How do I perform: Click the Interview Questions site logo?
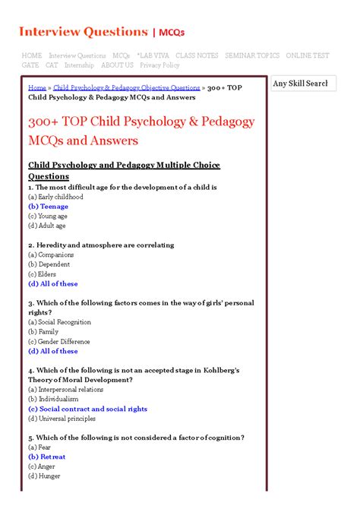tap(101, 31)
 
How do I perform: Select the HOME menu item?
tap(32, 55)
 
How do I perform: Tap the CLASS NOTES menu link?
tap(197, 55)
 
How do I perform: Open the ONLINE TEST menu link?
tap(308, 55)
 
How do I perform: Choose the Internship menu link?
tap(79, 65)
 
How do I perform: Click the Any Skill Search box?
tap(302, 84)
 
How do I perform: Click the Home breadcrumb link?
tap(37, 88)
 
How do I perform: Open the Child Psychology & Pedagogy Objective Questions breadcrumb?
tap(126, 88)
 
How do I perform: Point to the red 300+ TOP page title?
tap(141, 131)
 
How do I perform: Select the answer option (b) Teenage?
tap(48, 207)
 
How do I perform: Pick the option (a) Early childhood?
tap(55, 197)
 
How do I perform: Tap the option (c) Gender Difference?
tap(59, 342)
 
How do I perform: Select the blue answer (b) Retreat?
tap(47, 457)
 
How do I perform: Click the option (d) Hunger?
tap(44, 476)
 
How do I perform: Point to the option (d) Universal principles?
tap(62, 418)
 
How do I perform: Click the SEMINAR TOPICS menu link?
tap(252, 55)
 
